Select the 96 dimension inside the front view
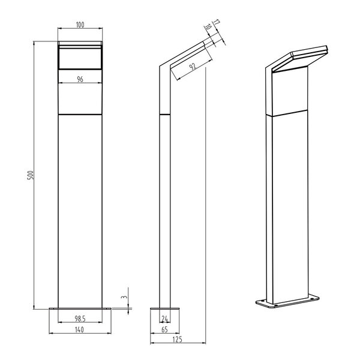pos(80,79)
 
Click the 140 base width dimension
pos(80,330)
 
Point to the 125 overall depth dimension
pos(177,339)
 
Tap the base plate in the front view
pos(80,309)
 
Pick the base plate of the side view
pos(163,309)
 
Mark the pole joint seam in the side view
pos(163,113)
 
